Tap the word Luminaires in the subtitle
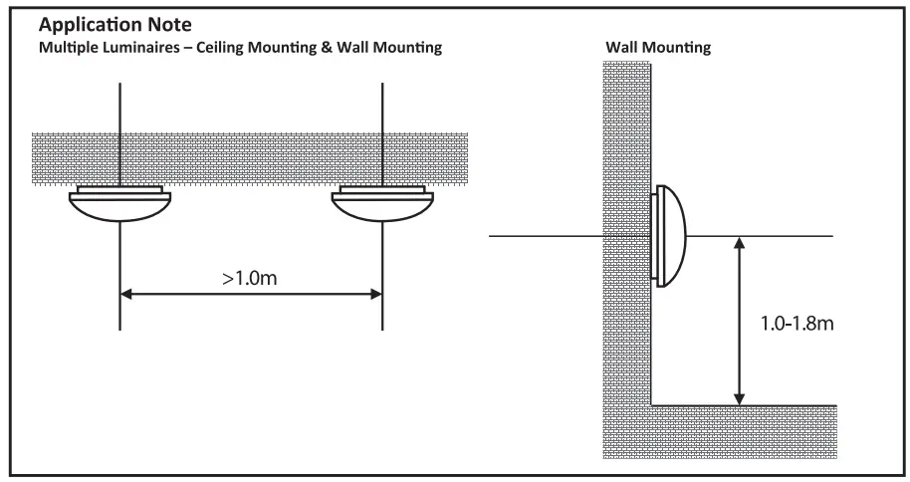coord(154,48)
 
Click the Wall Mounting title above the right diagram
coord(657,48)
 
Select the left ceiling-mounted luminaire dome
coord(119,209)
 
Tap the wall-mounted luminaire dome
coord(673,236)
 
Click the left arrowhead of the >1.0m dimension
coord(126,294)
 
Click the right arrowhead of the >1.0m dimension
coord(376,294)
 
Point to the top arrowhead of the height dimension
coord(738,242)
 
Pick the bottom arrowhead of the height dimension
coord(738,398)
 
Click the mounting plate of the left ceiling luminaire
coord(119,189)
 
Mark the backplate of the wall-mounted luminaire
coord(656,236)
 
